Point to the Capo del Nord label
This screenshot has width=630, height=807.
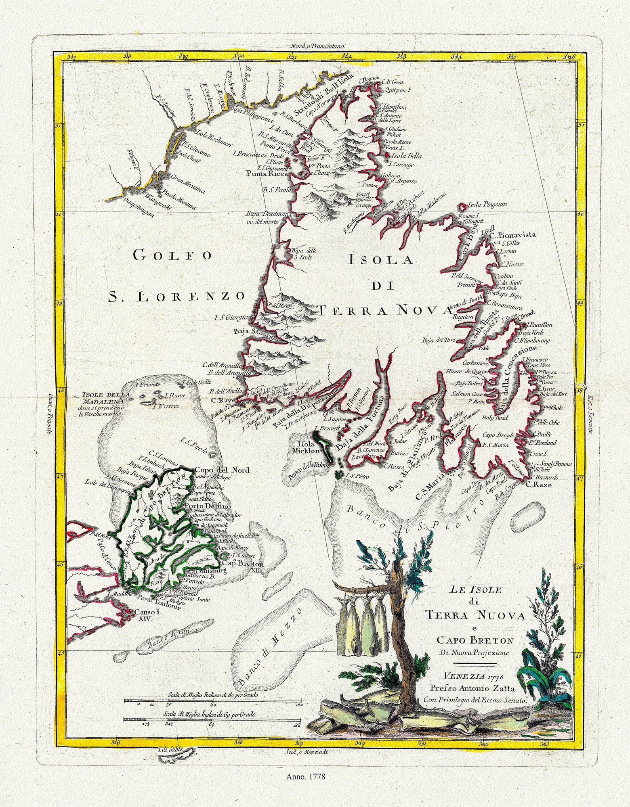(x=222, y=470)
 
